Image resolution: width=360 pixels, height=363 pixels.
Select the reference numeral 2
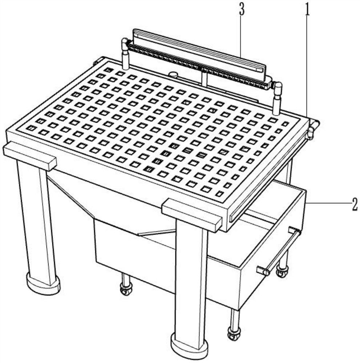[x=355, y=204]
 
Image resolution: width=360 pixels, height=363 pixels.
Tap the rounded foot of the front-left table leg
[x=43, y=284]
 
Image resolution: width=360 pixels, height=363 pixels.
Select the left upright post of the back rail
[x=125, y=60]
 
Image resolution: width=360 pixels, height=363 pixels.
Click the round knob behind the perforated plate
[x=173, y=74]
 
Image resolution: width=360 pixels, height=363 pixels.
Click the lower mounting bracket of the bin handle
[x=263, y=270]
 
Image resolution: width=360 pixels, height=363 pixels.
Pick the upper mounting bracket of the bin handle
[x=294, y=231]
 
